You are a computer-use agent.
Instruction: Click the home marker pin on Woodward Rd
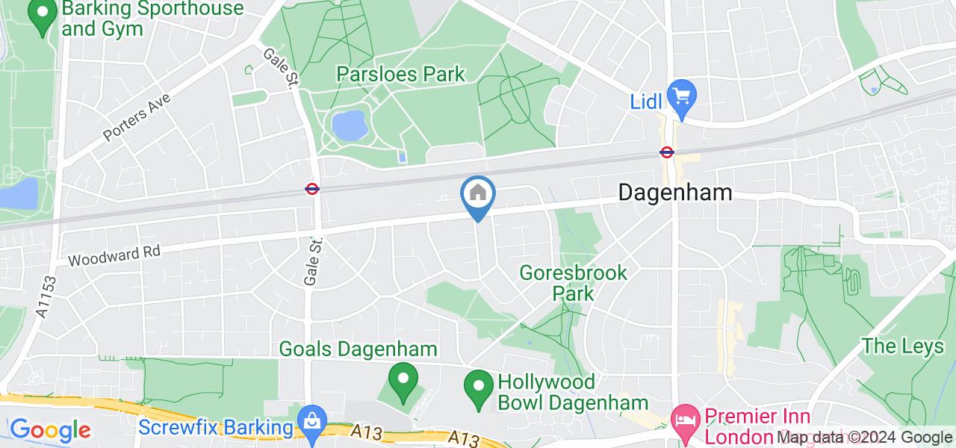point(478,195)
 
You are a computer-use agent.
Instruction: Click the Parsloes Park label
point(400,74)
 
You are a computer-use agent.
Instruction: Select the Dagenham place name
point(675,192)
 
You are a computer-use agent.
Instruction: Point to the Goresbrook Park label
point(574,282)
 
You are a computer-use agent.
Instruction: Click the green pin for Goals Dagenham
point(404,380)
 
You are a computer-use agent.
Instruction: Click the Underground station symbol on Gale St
point(312,189)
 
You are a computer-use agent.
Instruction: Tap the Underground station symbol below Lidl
point(667,152)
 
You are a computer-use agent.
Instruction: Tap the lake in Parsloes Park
point(349,125)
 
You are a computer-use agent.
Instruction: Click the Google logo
point(49,430)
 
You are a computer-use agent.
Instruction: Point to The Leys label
point(893,346)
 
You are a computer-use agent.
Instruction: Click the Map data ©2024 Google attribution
point(864,438)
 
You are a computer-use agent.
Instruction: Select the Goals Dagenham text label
point(358,349)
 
